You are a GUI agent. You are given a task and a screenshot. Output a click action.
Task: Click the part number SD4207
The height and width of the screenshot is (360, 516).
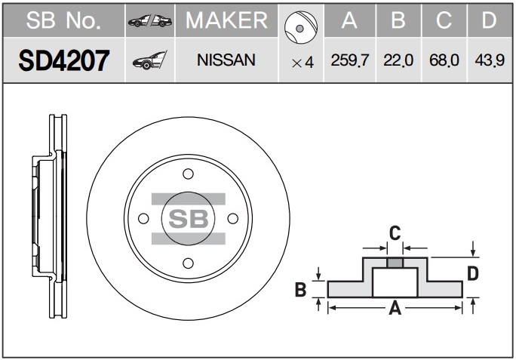(64, 60)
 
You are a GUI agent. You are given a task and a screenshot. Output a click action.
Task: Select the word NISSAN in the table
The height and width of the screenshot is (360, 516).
(226, 60)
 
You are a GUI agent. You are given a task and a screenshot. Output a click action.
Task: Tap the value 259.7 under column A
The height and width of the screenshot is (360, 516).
(350, 60)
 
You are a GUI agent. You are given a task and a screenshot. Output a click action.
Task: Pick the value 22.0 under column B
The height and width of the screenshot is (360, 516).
(398, 60)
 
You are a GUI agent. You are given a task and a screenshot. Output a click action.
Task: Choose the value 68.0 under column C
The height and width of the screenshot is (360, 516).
(444, 60)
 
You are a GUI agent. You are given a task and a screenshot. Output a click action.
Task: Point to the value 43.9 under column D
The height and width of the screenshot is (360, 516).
(490, 60)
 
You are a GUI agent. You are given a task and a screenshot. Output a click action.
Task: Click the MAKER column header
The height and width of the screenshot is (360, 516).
(226, 20)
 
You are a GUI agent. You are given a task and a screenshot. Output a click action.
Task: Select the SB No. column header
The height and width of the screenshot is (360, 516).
(63, 20)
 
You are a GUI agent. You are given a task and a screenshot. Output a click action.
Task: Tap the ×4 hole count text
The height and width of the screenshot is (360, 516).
(303, 63)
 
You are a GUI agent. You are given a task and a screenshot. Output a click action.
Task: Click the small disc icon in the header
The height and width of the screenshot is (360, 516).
(301, 27)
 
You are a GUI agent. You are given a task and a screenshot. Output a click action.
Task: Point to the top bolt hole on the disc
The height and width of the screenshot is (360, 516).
(189, 174)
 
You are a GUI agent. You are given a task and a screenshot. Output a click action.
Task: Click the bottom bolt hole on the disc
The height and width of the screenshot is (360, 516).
(189, 263)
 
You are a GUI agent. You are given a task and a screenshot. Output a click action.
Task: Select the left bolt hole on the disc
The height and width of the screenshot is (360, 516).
(143, 219)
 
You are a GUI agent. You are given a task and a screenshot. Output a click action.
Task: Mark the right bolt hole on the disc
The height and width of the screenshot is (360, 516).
(233, 219)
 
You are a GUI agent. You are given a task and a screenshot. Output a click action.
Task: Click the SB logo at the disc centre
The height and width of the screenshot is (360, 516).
(189, 219)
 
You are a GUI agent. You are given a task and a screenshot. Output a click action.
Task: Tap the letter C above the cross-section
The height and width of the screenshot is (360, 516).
(395, 233)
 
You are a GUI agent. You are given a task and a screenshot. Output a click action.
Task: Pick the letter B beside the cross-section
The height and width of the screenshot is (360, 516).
(301, 290)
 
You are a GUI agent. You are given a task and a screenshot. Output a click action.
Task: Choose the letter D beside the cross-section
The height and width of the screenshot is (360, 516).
(473, 273)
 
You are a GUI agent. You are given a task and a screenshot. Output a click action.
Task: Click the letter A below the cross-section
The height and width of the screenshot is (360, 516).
(395, 309)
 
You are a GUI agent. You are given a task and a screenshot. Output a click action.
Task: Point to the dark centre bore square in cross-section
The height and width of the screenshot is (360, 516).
(395, 263)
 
